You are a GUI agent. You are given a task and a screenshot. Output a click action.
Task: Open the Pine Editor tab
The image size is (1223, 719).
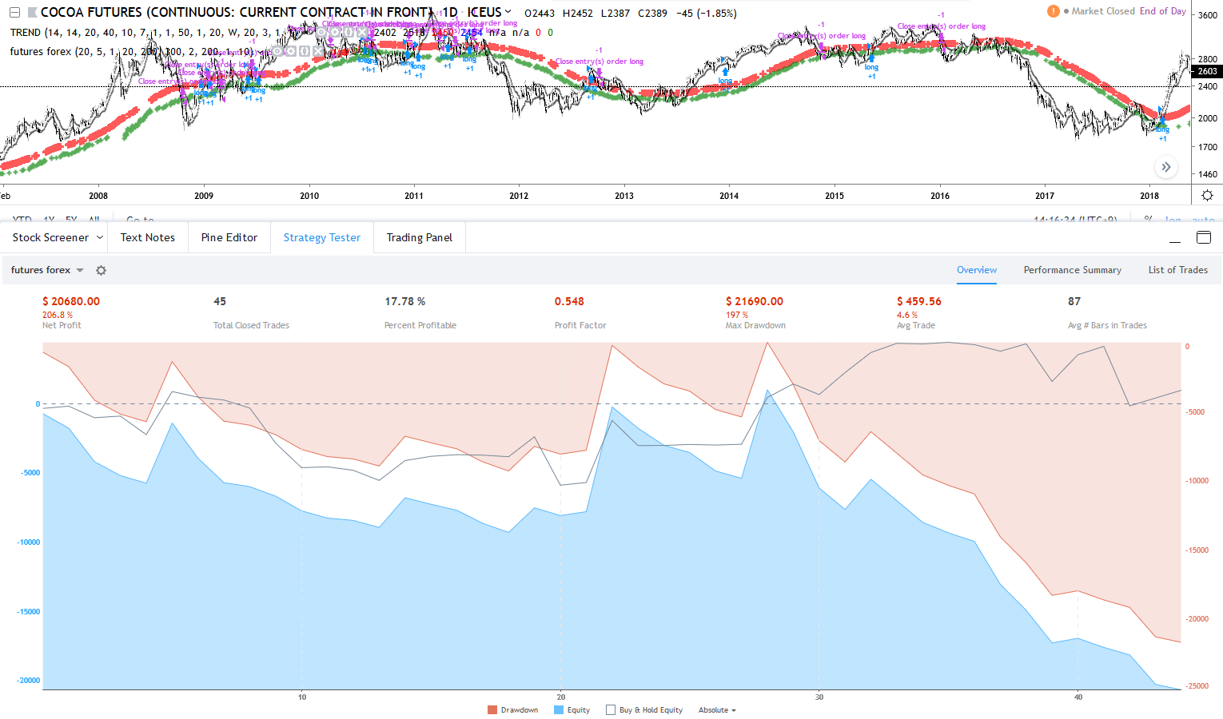click(x=229, y=237)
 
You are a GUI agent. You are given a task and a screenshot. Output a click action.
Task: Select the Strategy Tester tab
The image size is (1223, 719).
click(x=321, y=237)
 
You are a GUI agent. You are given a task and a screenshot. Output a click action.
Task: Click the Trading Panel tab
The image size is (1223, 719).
click(x=419, y=237)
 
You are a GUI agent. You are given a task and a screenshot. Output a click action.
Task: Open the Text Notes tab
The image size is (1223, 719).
click(x=147, y=237)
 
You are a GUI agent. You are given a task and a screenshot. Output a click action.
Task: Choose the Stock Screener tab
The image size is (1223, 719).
click(x=50, y=237)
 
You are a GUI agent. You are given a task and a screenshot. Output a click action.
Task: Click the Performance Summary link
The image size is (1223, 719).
click(x=1072, y=270)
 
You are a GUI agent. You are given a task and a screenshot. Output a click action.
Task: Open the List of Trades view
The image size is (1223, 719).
click(x=1177, y=270)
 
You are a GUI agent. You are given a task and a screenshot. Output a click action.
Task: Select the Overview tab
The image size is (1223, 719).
click(x=977, y=270)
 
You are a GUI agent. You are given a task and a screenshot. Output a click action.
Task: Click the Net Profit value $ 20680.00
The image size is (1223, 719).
click(x=71, y=301)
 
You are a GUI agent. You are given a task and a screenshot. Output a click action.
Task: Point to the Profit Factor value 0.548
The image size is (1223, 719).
click(x=569, y=301)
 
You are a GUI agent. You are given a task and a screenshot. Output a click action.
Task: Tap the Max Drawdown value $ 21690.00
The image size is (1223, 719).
click(x=755, y=301)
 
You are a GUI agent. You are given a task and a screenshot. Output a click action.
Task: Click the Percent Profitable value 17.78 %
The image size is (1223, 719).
click(x=404, y=301)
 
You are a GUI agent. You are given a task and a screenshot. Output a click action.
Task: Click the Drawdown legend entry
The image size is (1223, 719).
click(x=513, y=710)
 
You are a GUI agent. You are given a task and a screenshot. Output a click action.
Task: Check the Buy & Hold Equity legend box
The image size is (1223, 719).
click(x=611, y=710)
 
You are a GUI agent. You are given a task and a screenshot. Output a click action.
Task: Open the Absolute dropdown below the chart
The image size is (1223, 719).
click(x=717, y=710)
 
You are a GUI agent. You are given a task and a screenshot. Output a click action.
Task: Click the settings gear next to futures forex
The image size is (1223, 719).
click(x=101, y=270)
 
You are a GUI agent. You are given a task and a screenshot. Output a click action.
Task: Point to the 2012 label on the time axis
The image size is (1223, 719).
click(x=519, y=196)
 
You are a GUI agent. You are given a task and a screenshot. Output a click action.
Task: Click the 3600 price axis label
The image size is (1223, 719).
click(x=1207, y=16)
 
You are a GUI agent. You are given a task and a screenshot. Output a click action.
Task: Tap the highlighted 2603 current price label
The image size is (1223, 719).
click(x=1207, y=71)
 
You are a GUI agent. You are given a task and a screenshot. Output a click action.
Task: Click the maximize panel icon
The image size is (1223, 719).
click(x=1203, y=237)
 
